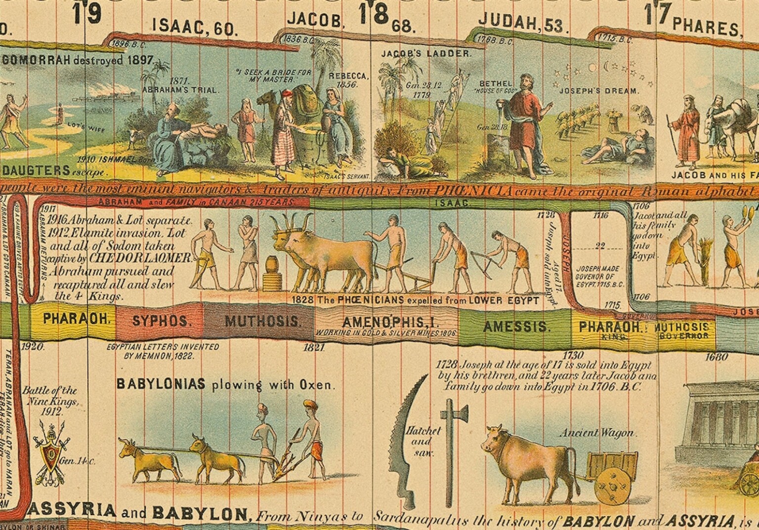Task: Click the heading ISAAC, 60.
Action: pyautogui.click(x=194, y=28)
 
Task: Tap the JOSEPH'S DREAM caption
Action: pyautogui.click(x=599, y=91)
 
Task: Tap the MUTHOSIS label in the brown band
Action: pyautogui.click(x=262, y=322)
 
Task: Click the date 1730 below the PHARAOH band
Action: pyautogui.click(x=573, y=355)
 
